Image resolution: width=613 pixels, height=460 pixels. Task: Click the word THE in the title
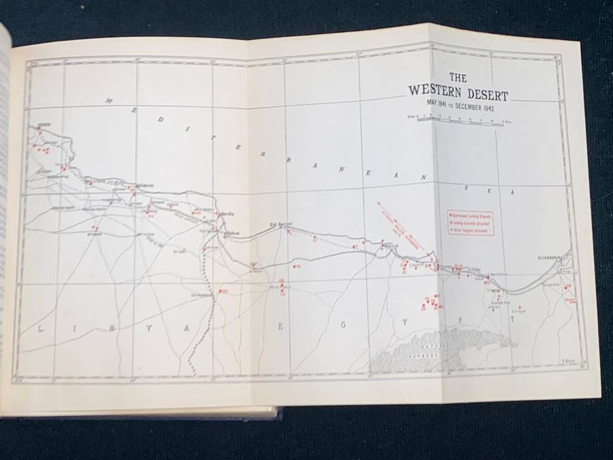pos(451,77)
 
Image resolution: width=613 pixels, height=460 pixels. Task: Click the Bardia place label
pos(228,213)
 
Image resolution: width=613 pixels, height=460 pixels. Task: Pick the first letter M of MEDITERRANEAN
pos(108,103)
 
